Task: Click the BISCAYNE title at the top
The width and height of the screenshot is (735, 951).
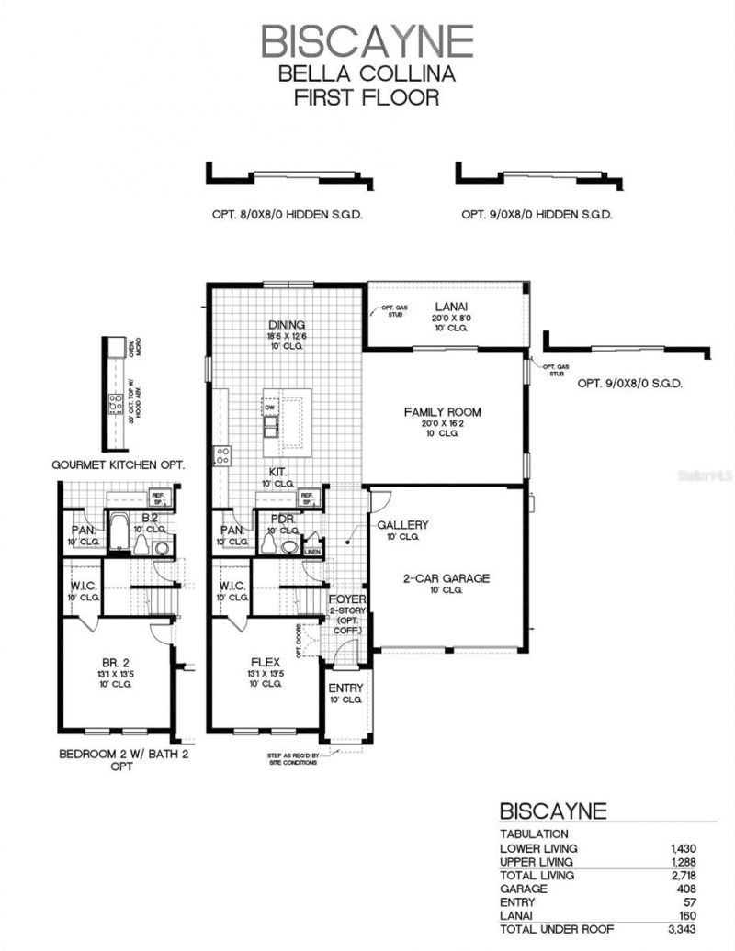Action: point(367,41)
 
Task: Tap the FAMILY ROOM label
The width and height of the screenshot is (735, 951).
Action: point(442,412)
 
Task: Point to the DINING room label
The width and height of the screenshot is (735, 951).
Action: point(287,325)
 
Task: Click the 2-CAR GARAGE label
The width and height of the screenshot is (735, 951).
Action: point(447,578)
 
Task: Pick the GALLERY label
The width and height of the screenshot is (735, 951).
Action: point(403,525)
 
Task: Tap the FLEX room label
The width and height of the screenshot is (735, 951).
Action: point(271,660)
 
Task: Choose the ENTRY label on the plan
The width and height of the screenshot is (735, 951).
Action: point(346,688)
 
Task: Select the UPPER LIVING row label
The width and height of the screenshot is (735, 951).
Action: point(537,862)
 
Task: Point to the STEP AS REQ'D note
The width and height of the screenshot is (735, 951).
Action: point(288,758)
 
